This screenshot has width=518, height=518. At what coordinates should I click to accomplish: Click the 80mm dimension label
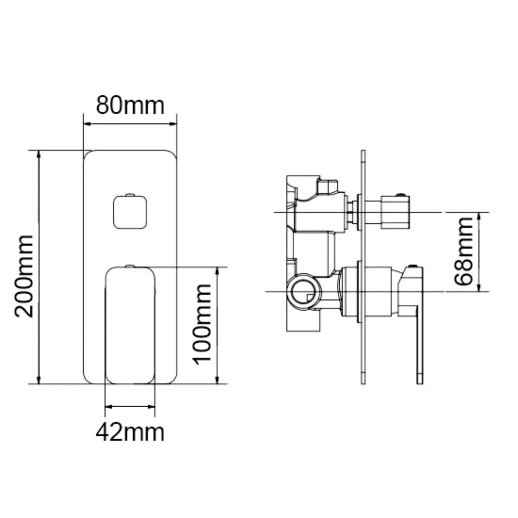130,105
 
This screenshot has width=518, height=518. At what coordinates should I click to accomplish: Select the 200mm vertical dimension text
25,275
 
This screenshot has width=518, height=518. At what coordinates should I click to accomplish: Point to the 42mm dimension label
130,431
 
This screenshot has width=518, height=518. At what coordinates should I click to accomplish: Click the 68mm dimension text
462,251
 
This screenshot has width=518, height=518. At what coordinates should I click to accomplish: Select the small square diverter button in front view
129,211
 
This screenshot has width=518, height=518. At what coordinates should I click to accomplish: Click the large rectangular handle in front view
130,325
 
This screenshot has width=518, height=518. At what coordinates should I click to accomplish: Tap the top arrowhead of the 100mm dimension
217,271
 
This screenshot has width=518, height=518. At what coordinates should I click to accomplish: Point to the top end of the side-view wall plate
363,152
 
